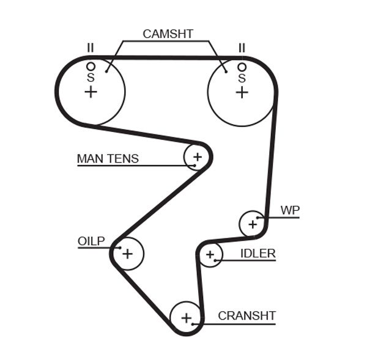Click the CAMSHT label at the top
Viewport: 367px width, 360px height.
168,34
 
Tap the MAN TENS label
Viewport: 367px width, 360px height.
108,159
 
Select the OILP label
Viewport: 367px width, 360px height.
91,241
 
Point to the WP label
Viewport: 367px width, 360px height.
290,210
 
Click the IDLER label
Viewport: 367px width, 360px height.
258,253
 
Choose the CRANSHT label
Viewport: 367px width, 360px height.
247,316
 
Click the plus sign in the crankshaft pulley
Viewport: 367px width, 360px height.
186,317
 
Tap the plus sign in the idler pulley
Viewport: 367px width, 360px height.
210,254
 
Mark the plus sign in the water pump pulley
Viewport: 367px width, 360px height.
253,224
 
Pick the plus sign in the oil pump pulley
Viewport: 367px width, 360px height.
127,253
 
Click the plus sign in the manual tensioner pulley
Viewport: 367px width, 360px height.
197,157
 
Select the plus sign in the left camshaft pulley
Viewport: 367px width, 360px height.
91,92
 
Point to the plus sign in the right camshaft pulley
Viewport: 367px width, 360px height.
242,92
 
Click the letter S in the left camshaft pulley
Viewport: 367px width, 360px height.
91,78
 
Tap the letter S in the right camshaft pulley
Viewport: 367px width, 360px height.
242,78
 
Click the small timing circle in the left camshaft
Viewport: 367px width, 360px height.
91,66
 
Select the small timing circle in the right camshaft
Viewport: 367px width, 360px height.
242,67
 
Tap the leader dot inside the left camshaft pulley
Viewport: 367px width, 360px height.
106,72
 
